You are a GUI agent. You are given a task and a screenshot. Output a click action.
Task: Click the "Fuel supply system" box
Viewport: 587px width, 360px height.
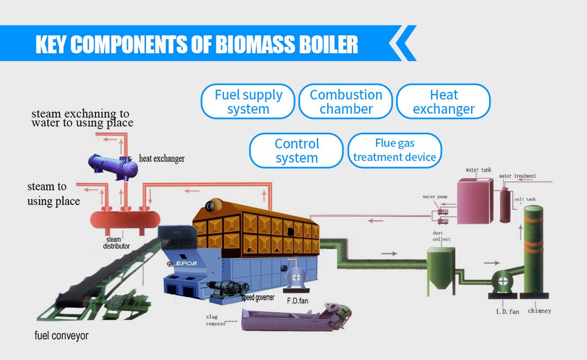(248, 102)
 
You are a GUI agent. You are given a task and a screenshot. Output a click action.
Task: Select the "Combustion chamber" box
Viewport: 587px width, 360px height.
(346, 102)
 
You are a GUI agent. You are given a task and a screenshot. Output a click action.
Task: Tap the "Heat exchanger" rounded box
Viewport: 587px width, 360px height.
(444, 102)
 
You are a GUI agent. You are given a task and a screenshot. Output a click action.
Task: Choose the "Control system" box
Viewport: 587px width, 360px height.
(296, 151)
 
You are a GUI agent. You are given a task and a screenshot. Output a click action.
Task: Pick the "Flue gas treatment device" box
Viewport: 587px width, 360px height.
(395, 150)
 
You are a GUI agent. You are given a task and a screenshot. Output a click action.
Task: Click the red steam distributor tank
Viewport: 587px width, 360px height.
(125, 219)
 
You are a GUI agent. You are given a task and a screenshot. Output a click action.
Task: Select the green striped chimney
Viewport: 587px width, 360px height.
(533, 250)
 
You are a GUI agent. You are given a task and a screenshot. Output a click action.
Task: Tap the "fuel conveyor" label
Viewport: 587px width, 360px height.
(61, 336)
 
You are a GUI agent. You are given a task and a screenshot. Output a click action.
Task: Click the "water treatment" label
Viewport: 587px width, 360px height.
(517, 176)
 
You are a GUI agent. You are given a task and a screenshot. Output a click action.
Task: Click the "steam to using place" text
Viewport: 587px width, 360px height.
(53, 194)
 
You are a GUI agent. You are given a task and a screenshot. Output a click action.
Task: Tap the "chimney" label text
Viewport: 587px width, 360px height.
(539, 311)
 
